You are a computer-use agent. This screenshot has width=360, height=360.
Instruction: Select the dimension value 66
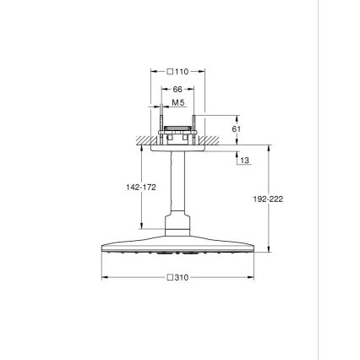click(x=177, y=88)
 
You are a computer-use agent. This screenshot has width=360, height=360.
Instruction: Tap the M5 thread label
click(x=177, y=101)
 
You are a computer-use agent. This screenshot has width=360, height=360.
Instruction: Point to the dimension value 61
click(x=237, y=128)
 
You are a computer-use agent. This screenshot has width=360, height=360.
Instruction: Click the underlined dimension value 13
click(x=245, y=160)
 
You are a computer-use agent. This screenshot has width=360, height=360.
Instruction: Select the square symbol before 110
click(x=171, y=73)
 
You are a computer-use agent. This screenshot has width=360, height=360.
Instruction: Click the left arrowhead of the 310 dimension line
click(x=103, y=276)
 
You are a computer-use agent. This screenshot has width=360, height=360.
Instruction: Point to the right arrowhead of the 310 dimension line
click(x=253, y=276)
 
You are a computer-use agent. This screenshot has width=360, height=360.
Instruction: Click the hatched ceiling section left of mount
click(x=145, y=139)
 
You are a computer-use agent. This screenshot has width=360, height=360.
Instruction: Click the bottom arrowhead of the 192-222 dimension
click(x=270, y=249)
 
